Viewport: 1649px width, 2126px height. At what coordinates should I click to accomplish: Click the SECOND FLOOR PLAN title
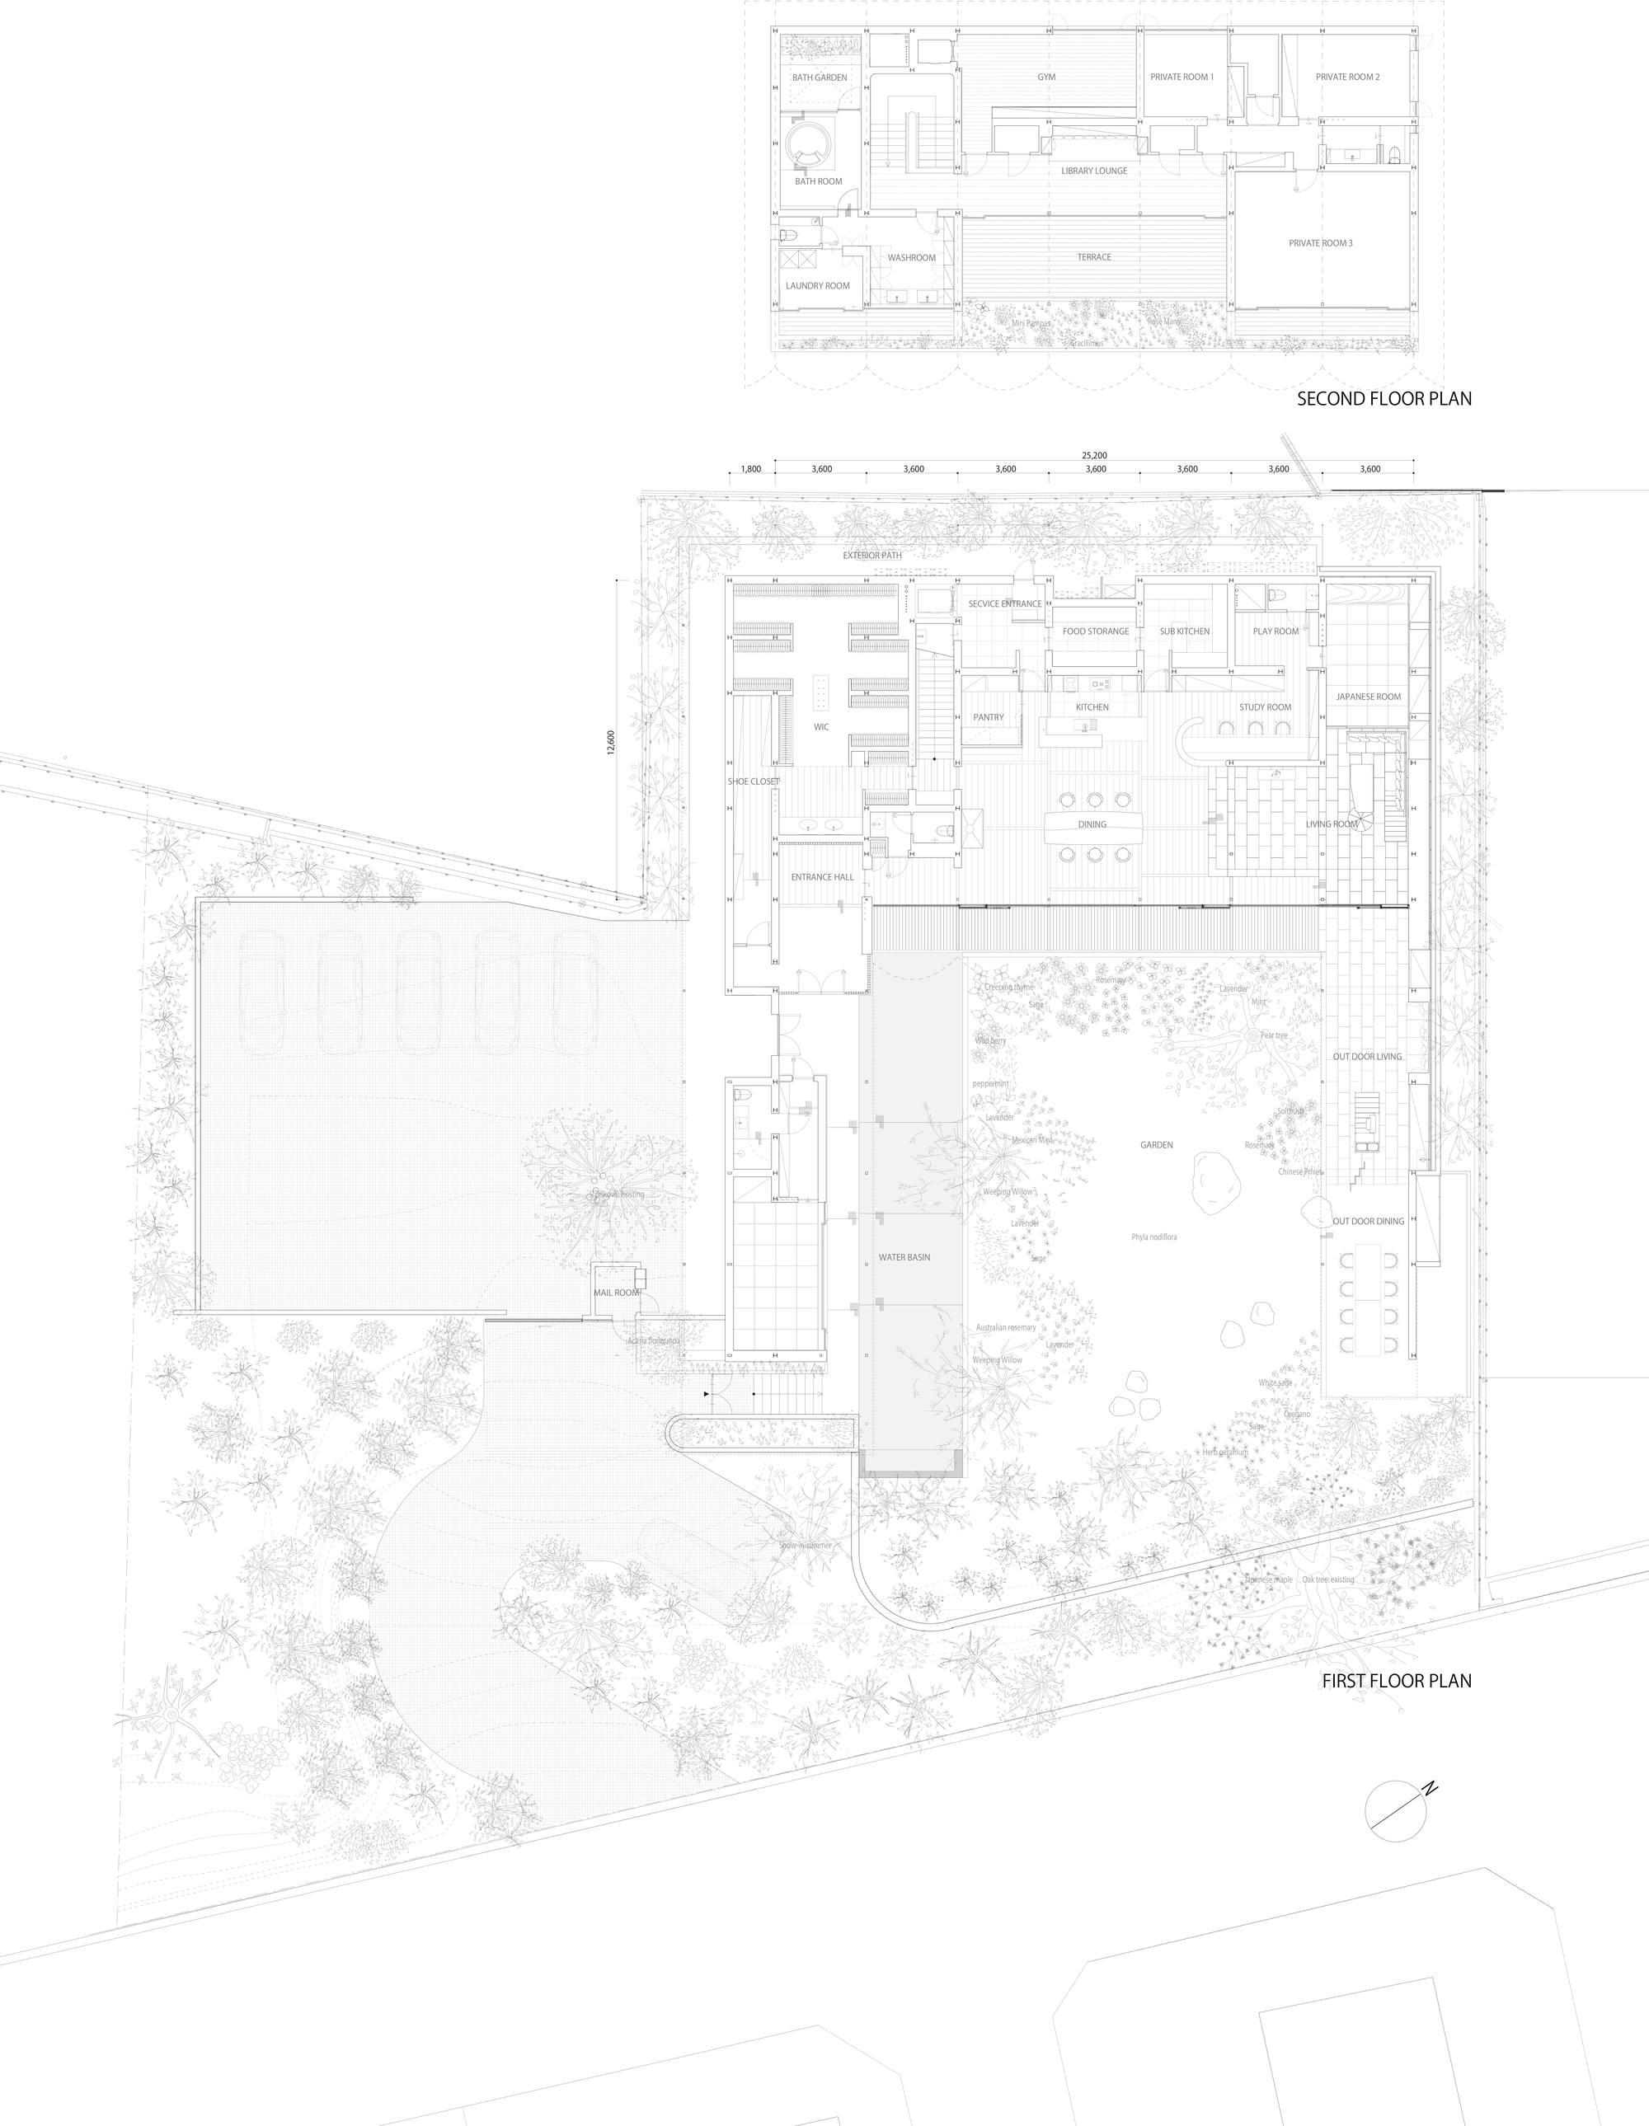pos(1384,398)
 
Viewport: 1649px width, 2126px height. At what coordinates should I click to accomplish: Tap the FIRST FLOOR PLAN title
pos(1396,1680)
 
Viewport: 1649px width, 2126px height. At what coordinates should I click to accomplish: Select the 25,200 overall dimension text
pos(1093,454)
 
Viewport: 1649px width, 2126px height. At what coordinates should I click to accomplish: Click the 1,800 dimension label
pos(750,469)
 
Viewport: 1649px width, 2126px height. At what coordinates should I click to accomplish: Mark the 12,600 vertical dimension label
pos(610,742)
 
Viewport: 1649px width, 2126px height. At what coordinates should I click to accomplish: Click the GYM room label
pos(1045,77)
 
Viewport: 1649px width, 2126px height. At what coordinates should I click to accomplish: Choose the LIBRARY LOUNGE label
pos(1094,171)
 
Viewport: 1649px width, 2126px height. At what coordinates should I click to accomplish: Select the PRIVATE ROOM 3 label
pos(1320,242)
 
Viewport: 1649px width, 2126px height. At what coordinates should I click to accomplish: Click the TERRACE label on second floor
pos(1093,257)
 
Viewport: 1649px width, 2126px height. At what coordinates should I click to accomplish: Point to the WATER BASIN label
pos(904,1256)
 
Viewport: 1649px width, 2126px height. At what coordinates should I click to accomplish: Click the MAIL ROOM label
pos(616,1293)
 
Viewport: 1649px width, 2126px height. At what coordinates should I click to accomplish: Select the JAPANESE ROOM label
pos(1368,696)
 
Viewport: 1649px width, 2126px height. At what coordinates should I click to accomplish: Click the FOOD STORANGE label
pos(1095,631)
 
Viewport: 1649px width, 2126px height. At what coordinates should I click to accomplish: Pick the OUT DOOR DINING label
pos(1368,1221)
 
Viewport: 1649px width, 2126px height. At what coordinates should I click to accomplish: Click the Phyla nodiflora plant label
pos(1153,1237)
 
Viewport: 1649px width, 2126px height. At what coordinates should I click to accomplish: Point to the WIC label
pos(820,726)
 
